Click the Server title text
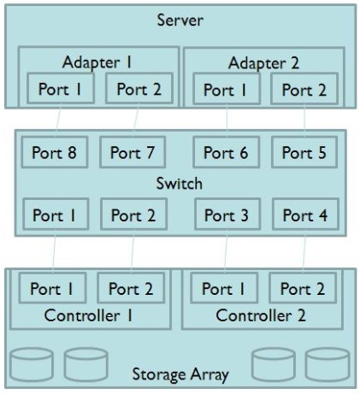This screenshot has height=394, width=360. pyautogui.click(x=180, y=21)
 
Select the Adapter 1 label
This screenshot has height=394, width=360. pyautogui.click(x=97, y=62)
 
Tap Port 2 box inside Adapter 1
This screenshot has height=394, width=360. pyautogui.click(x=139, y=88)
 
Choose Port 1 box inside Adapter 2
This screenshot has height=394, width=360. pyautogui.click(x=227, y=89)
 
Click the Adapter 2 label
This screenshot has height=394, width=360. pyautogui.click(x=263, y=63)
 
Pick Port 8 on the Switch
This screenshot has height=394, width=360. pyautogui.click(x=55, y=152)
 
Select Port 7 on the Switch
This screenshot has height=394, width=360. pyautogui.click(x=133, y=152)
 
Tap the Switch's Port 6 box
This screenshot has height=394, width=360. pyautogui.click(x=227, y=152)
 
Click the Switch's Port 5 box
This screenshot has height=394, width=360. pyautogui.click(x=304, y=152)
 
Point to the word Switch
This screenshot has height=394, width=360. pyautogui.click(x=180, y=183)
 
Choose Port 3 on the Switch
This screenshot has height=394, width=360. pyautogui.click(x=227, y=215)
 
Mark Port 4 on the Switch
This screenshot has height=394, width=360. pyautogui.click(x=305, y=215)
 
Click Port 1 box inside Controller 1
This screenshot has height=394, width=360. pyautogui.click(x=52, y=288)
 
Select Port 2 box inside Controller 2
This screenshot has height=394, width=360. pyautogui.click(x=303, y=288)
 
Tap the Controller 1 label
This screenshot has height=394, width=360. pyautogui.click(x=89, y=315)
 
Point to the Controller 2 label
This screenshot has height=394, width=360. pyautogui.click(x=261, y=315)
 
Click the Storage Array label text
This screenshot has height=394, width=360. pyautogui.click(x=180, y=374)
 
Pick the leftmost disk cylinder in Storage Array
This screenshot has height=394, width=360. pyautogui.click(x=32, y=364)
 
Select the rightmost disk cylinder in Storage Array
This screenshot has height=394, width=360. pyautogui.click(x=328, y=364)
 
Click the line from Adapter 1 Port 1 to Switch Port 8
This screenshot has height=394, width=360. pyautogui.click(x=58, y=119)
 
